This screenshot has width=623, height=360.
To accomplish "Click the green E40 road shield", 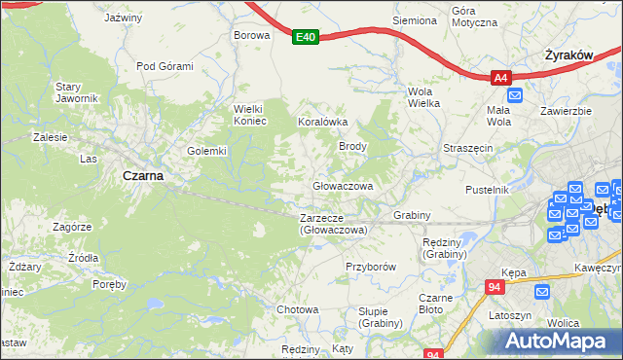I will (x=306, y=37).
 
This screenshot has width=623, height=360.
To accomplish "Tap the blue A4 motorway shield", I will (x=499, y=78).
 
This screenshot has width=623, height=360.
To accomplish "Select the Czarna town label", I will (x=142, y=176).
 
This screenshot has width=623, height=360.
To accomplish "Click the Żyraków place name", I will (x=569, y=56).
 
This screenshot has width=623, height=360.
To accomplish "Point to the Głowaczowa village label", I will (x=343, y=185).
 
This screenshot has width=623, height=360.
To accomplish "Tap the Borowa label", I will (x=250, y=35).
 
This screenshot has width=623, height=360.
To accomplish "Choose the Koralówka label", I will (x=321, y=123).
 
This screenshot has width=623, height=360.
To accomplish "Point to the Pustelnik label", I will (x=488, y=190).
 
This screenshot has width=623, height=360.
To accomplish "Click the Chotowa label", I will (x=298, y=309).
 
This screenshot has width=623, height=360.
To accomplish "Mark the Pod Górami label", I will (x=165, y=66).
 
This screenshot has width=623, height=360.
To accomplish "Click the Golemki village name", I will (x=206, y=151).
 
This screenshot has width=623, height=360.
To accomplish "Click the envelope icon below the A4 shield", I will (x=515, y=95).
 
